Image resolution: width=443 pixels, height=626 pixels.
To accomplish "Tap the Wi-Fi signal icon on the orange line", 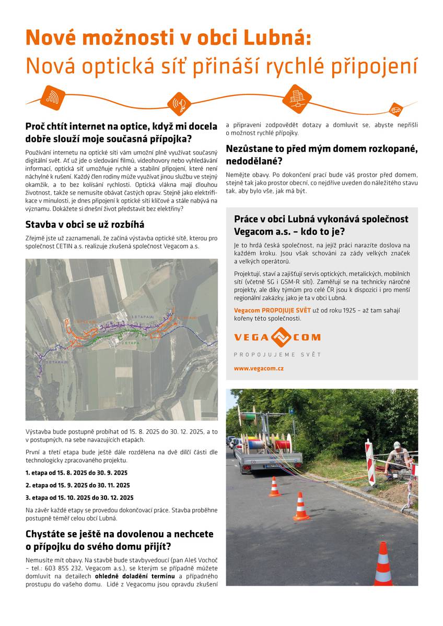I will coord(53,97).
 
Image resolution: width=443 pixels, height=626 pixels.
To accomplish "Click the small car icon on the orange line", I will coord(395,110).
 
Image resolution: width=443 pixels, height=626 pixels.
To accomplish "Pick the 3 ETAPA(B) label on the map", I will coord(57,362).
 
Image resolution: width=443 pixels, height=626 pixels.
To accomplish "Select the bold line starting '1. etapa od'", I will coord(76,473).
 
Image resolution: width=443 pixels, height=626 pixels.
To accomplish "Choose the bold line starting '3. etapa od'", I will coord(79,498).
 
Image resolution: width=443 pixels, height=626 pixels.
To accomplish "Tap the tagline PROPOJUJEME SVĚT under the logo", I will coord(277,355).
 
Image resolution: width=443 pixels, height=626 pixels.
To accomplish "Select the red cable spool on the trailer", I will coord(282,444).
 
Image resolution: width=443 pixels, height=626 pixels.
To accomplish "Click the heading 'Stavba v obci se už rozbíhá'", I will coord(85,225).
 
